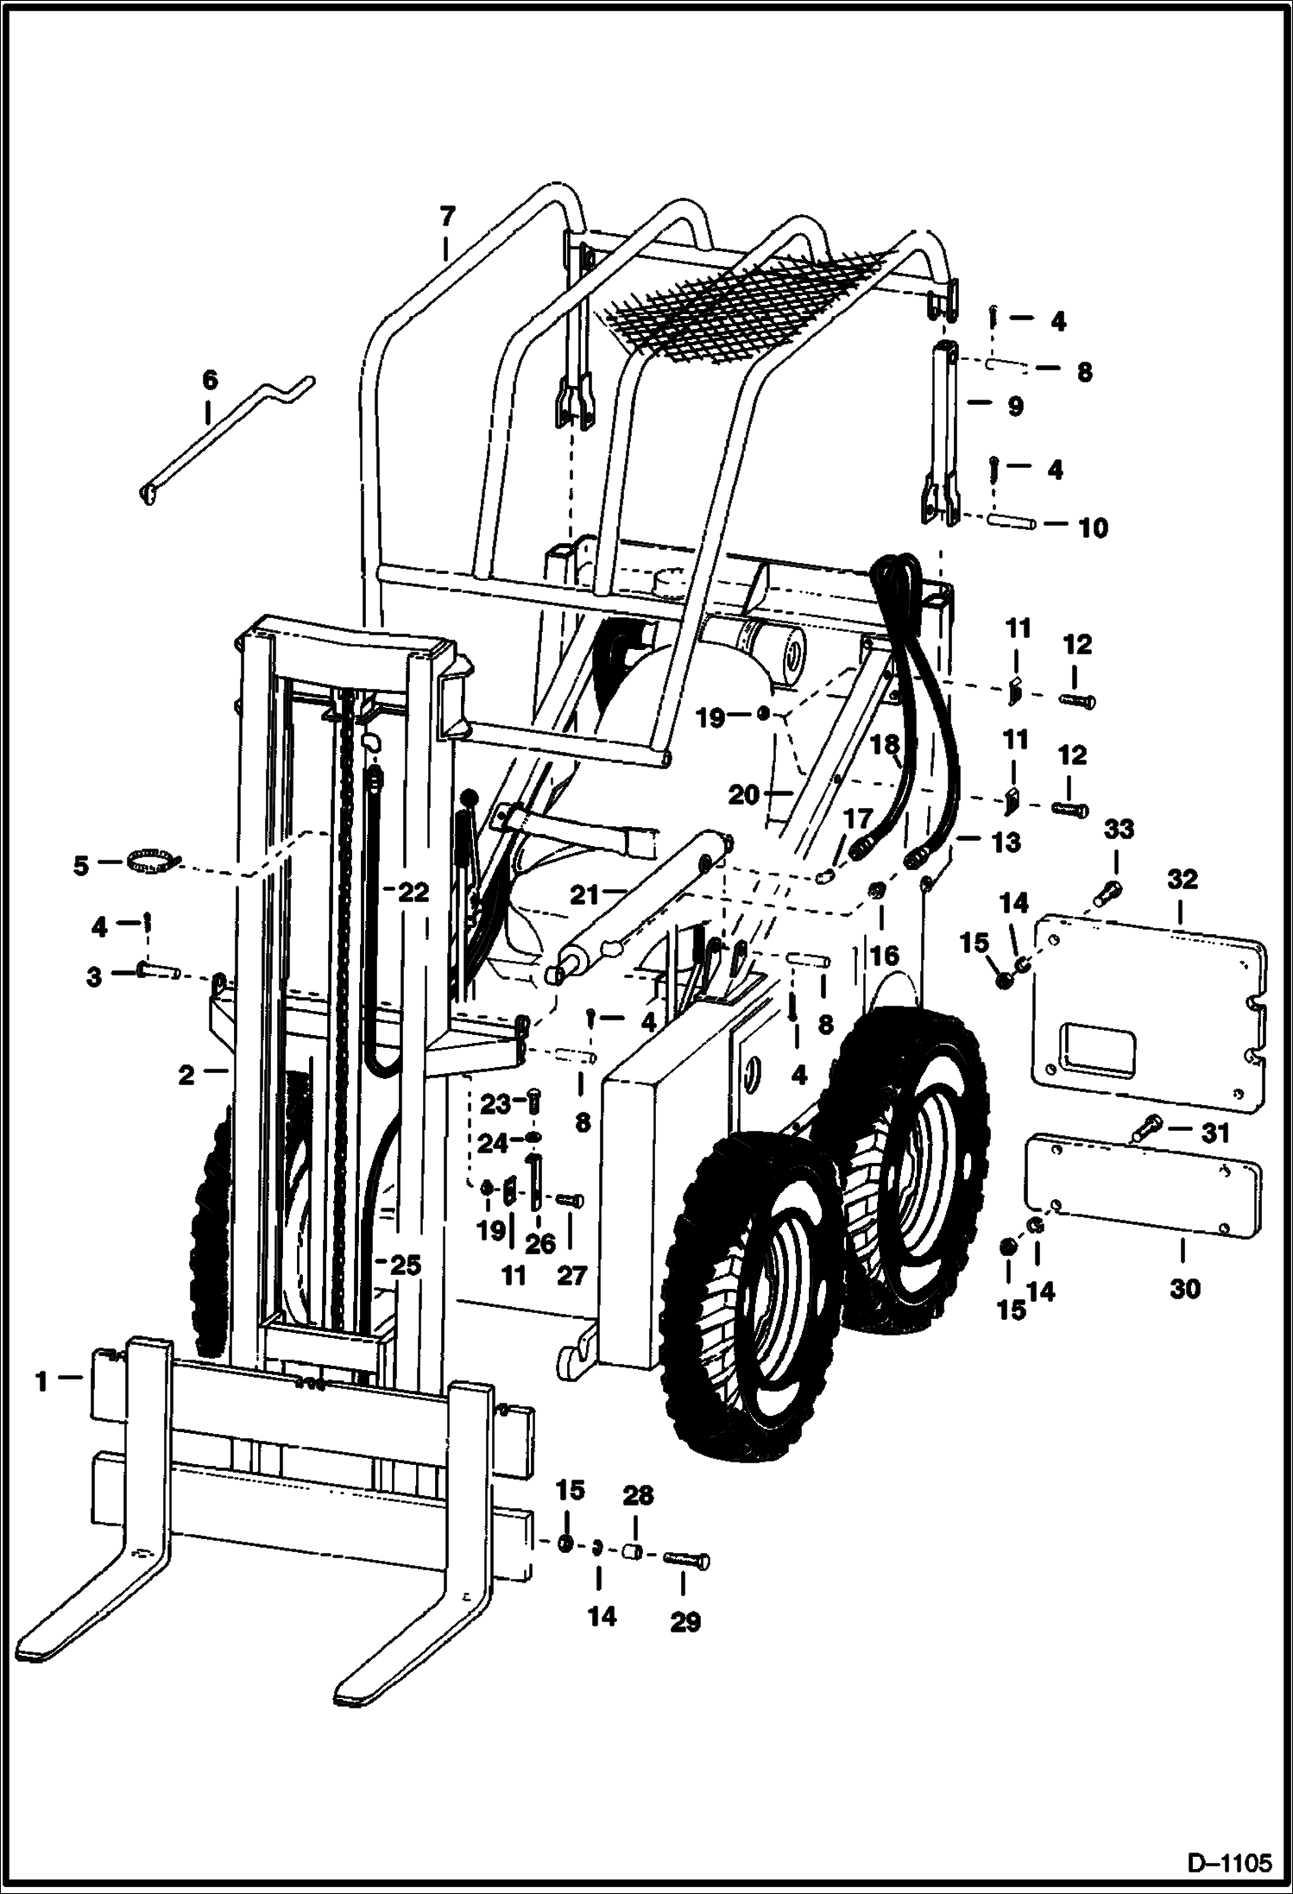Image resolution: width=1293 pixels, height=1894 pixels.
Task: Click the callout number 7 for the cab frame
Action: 445,217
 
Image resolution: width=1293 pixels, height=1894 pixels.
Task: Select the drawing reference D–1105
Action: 1233,1860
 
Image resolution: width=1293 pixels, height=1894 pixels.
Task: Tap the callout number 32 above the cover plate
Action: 1182,880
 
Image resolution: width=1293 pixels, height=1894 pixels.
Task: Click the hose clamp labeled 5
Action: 151,860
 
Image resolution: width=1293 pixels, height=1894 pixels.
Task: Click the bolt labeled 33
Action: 1108,890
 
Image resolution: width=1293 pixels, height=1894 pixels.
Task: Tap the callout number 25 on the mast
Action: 405,1266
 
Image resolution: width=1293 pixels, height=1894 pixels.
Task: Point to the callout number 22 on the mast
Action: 413,892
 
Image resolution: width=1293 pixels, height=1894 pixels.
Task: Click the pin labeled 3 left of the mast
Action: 155,972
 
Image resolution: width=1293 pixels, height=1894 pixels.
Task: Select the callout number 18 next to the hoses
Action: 885,745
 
